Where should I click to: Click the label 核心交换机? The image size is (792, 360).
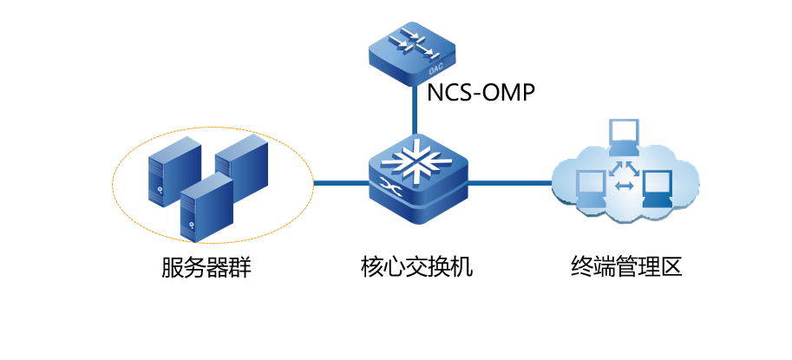[416, 266]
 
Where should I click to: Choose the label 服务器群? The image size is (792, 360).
[206, 267]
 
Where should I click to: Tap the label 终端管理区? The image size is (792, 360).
[627, 266]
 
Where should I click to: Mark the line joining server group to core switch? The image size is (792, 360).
[340, 183]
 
